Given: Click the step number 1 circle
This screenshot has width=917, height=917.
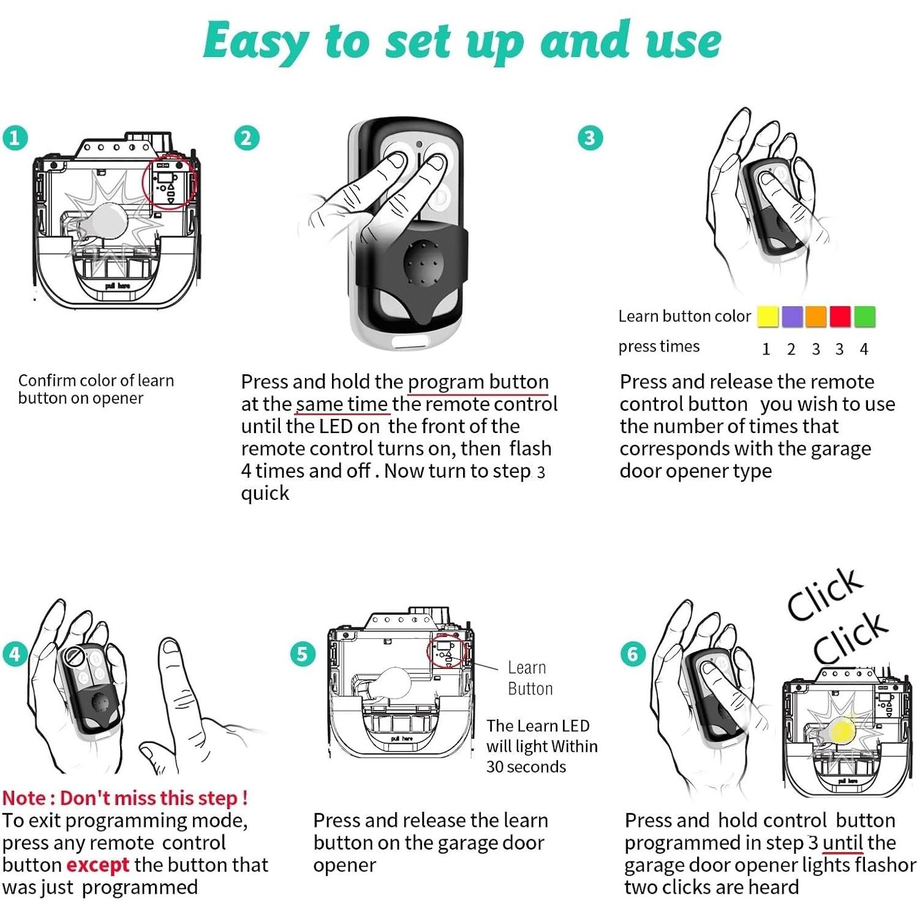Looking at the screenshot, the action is pyautogui.click(x=15, y=138).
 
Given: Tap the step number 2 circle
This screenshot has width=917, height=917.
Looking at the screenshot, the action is pyautogui.click(x=246, y=138).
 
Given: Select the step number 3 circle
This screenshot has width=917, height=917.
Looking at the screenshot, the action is pyautogui.click(x=591, y=138).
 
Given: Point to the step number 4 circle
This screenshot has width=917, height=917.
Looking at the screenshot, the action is pyautogui.click(x=15, y=654).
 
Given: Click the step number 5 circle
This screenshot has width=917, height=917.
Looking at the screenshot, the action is pyautogui.click(x=303, y=654).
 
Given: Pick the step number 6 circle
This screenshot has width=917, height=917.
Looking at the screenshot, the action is pyautogui.click(x=633, y=654).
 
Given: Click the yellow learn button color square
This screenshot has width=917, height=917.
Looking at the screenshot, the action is pyautogui.click(x=768, y=317).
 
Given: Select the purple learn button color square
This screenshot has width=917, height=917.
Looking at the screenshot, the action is pyautogui.click(x=792, y=317).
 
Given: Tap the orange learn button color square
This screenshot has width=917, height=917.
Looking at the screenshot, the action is pyautogui.click(x=816, y=317).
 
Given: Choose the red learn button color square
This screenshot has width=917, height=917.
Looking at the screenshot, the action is pyautogui.click(x=840, y=317).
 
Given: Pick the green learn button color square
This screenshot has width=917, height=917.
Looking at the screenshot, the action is pyautogui.click(x=864, y=317).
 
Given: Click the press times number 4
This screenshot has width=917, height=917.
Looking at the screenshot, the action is pyautogui.click(x=864, y=349).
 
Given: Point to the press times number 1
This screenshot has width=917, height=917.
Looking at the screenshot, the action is pyautogui.click(x=766, y=349).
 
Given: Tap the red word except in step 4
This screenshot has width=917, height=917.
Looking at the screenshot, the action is pyautogui.click(x=97, y=866).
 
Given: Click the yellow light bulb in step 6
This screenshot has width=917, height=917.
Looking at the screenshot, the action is pyautogui.click(x=842, y=731).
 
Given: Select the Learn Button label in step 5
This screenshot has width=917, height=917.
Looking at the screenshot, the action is pyautogui.click(x=530, y=678).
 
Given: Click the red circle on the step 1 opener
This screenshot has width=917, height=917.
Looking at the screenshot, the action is pyautogui.click(x=169, y=183).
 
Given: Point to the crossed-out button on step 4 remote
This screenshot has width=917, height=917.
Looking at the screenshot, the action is pyautogui.click(x=75, y=657).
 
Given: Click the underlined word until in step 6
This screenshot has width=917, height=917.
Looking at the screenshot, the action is pyautogui.click(x=842, y=843).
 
